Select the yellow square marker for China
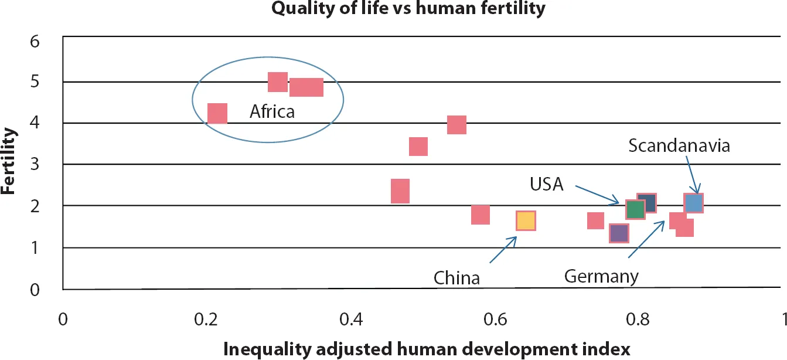tap(526, 220)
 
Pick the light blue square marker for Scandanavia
tap(693, 203)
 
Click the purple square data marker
tap(619, 233)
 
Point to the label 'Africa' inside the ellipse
tap(272, 111)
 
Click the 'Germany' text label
tap(601, 276)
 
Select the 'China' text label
tap(456, 277)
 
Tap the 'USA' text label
tap(546, 185)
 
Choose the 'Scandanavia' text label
tap(679, 145)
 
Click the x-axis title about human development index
tap(427, 349)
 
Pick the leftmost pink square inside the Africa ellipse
tap(217, 113)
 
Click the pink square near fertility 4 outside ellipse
tap(456, 125)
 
